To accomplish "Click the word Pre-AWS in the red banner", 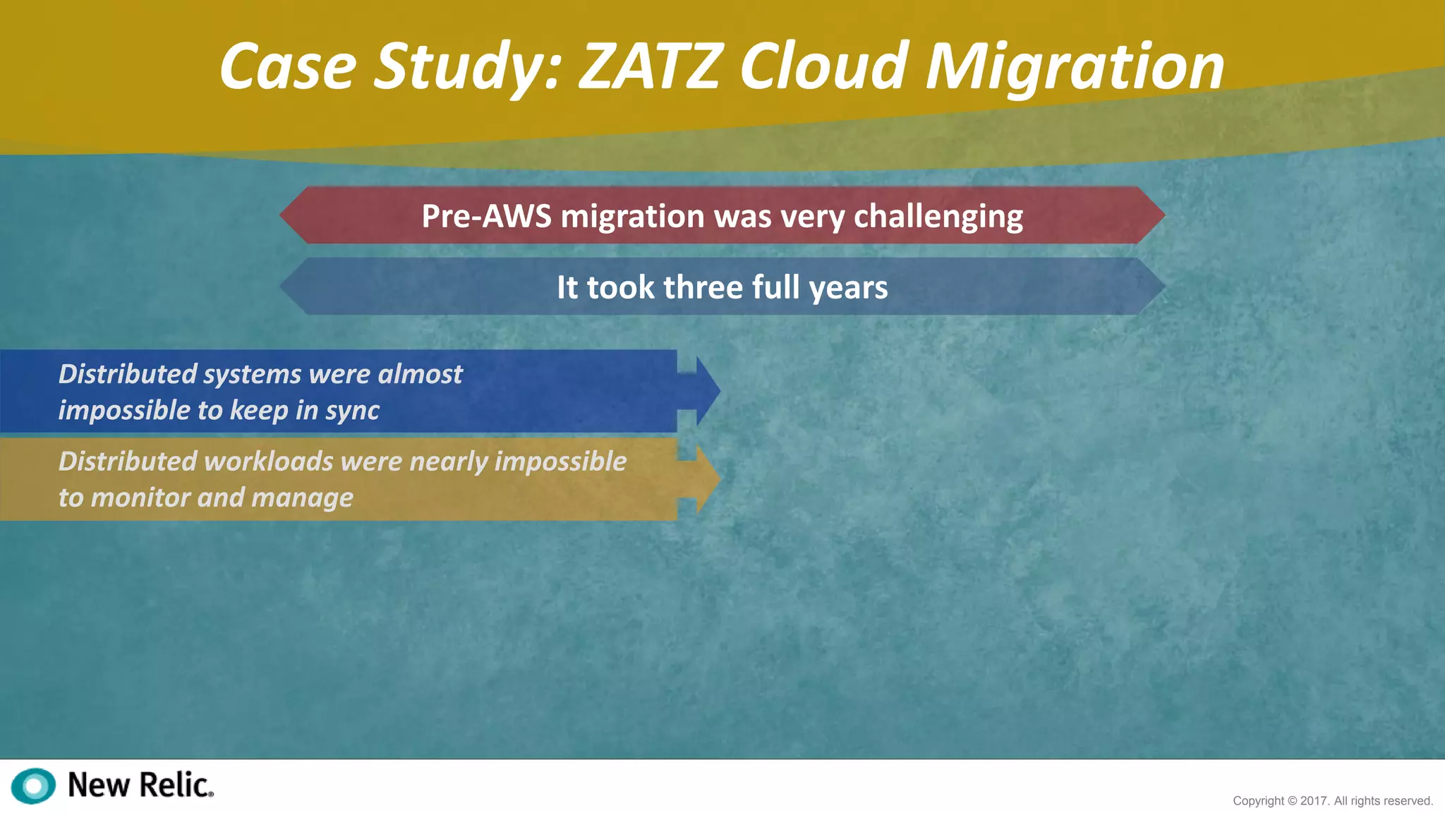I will pyautogui.click(x=486, y=216).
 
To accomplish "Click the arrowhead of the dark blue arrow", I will pyautogui.click(x=706, y=390).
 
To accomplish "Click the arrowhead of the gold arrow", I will pyautogui.click(x=706, y=479).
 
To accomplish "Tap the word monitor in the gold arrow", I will pyautogui.click(x=140, y=498).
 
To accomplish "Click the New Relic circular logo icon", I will pyautogui.click(x=33, y=785).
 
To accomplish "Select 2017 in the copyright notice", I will pyautogui.click(x=1314, y=801).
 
